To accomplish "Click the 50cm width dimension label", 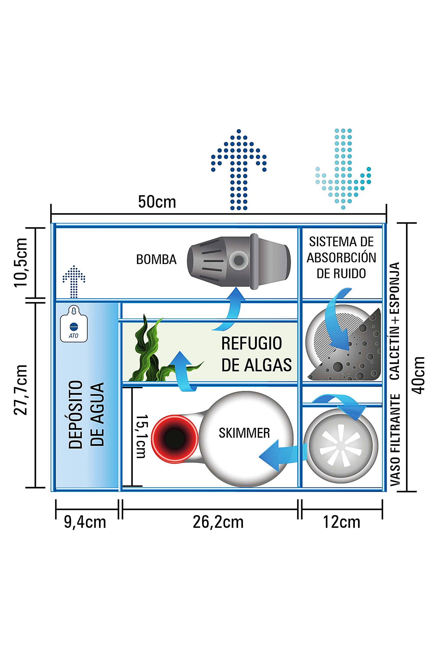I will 157,202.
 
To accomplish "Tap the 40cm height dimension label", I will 419,375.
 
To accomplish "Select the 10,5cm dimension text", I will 21,262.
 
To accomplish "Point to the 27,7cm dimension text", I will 21,389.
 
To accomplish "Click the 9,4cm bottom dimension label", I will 85,522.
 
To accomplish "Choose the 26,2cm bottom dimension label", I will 218,522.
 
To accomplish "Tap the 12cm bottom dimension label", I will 341,522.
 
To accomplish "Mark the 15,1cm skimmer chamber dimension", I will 141,436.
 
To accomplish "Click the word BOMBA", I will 156,259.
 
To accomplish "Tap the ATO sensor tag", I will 74,325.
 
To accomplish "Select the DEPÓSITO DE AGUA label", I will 86,414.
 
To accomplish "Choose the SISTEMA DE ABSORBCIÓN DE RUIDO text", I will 341,258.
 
